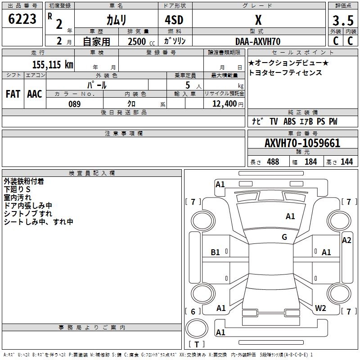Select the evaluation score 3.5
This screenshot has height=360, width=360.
(x=342, y=21)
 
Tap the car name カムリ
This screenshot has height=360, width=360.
(x=116, y=20)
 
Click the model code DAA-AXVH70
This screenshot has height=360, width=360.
(x=258, y=41)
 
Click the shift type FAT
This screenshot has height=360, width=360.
(x=13, y=94)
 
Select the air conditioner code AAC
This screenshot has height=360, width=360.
(x=34, y=94)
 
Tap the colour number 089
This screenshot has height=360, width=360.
(x=74, y=104)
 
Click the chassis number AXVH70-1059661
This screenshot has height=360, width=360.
(x=302, y=144)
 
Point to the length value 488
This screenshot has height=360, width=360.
(x=273, y=162)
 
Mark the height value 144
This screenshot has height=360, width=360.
(x=346, y=162)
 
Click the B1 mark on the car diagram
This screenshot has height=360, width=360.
(x=216, y=252)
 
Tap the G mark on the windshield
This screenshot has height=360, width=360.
(x=284, y=237)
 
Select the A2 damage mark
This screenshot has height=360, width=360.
(x=346, y=240)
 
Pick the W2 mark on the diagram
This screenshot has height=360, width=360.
(x=320, y=308)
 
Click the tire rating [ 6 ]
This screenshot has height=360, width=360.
(x=193, y=311)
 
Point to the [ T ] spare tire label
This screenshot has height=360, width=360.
(x=197, y=345)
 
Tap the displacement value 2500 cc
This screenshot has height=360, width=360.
(x=140, y=41)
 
